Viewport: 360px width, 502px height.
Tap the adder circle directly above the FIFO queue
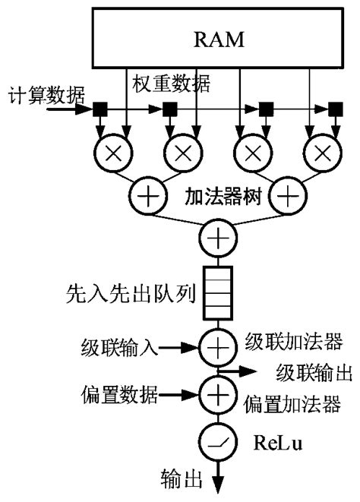(218, 239)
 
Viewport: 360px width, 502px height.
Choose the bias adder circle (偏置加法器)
(218, 395)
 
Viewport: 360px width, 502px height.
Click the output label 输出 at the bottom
(182, 480)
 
